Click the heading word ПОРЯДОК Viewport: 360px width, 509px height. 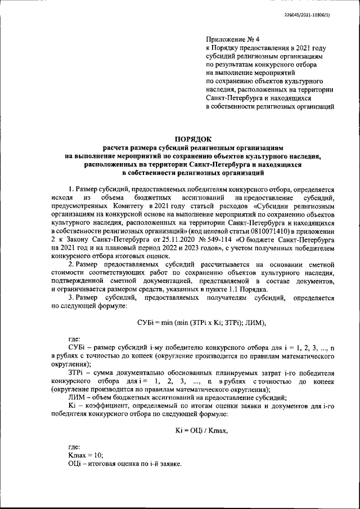(193, 137)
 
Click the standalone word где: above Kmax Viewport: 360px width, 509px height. (74, 446)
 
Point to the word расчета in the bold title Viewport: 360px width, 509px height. (121, 146)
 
